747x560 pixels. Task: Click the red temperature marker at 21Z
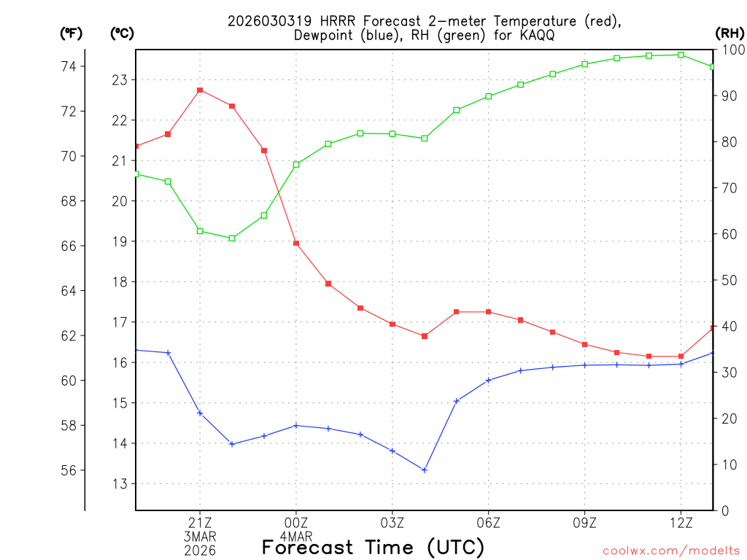point(200,90)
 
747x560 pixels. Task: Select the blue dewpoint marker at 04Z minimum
point(425,470)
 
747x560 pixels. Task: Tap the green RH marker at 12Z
point(681,55)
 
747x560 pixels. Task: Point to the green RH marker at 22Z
point(232,238)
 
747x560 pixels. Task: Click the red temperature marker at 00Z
point(296,243)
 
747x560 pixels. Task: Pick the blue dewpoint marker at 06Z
point(489,380)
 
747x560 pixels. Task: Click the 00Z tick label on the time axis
point(296,522)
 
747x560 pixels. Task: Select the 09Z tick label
point(584,522)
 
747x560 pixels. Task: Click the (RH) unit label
point(729,33)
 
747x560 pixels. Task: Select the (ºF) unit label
point(71,33)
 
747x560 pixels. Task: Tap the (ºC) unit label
point(122,33)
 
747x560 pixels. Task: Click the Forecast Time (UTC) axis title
point(373,547)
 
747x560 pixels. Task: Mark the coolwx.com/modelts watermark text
point(671,551)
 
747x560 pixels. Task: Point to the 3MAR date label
point(200,536)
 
